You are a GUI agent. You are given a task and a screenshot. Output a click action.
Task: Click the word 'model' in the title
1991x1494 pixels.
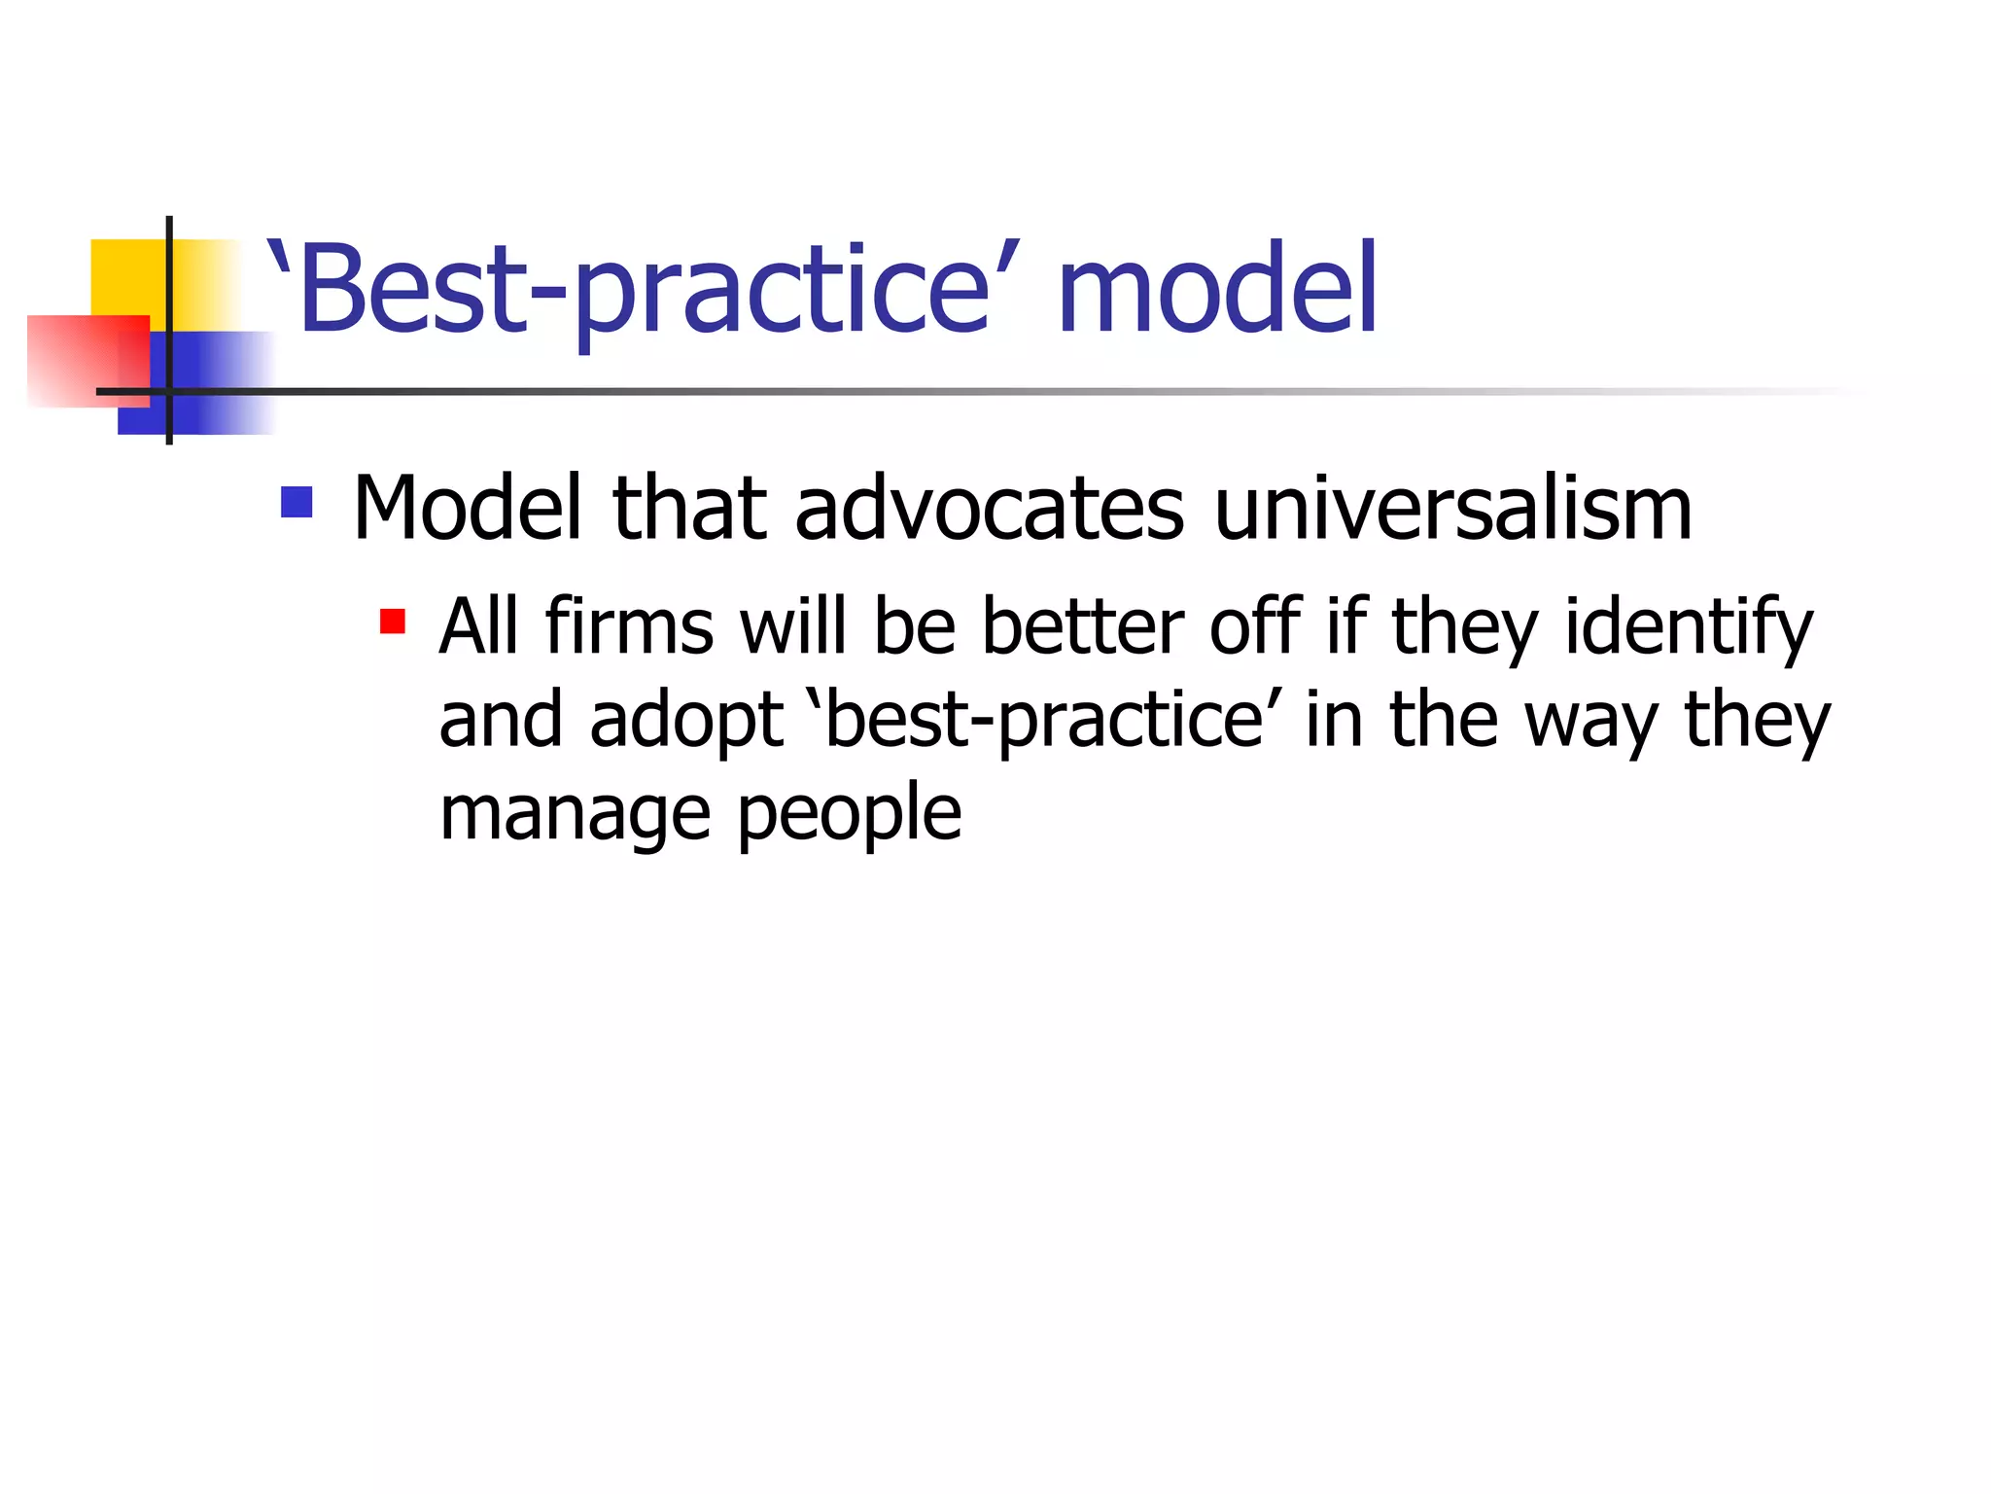pyautogui.click(x=1216, y=289)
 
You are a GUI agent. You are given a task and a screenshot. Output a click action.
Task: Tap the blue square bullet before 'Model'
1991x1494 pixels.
pyautogui.click(x=297, y=502)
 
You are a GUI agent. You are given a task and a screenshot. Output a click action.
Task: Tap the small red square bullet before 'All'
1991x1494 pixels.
pyautogui.click(x=393, y=622)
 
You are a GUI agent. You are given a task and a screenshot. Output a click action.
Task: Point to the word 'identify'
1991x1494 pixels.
pyautogui.click(x=1689, y=627)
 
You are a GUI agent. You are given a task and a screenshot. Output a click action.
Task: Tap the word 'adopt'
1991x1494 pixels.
pyautogui.click(x=685, y=720)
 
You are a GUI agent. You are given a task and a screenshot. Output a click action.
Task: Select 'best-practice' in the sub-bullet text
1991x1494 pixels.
pyautogui.click(x=1044, y=720)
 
